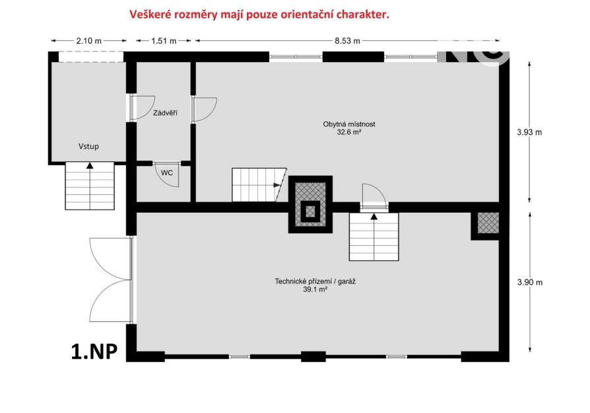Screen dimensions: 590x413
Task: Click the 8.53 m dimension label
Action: pyautogui.click(x=347, y=41)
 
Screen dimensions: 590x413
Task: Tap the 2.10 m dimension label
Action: pyautogui.click(x=89, y=41)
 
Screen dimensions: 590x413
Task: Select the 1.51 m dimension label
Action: pyautogui.click(x=164, y=41)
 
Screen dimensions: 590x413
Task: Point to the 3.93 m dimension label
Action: pyautogui.click(x=529, y=132)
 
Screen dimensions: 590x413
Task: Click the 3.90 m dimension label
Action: pyautogui.click(x=530, y=282)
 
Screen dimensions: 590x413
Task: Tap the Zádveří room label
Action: pyautogui.click(x=165, y=113)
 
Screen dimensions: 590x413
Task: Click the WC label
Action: pyautogui.click(x=167, y=172)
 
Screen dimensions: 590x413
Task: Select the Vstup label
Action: pyautogui.click(x=89, y=146)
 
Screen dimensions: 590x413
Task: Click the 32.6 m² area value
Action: pyautogui.click(x=349, y=132)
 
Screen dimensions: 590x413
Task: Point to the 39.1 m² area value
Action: pyautogui.click(x=315, y=289)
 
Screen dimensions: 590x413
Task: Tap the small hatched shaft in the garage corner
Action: pyautogui.click(x=488, y=223)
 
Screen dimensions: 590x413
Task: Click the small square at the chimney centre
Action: pyautogui.click(x=310, y=211)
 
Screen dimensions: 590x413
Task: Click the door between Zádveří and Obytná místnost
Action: pyautogui.click(x=205, y=109)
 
